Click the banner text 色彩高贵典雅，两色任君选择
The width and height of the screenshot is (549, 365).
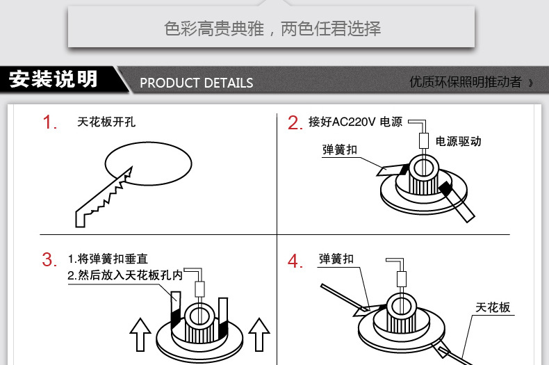coord(272,29)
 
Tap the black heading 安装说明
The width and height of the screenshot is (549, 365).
coord(54,79)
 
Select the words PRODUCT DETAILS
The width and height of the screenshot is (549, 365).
coord(196,83)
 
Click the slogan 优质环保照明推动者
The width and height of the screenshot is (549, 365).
coord(466,82)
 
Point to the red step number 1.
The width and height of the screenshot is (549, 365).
coord(50,123)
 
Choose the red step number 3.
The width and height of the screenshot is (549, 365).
coord(49,260)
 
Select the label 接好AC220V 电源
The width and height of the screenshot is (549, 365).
coord(355,122)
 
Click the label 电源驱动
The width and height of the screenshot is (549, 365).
coord(458,141)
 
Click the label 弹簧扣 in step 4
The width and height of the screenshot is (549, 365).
coord(336,259)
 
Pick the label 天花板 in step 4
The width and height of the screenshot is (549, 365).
coord(493,307)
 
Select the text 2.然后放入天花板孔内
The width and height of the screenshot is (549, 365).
coord(125,275)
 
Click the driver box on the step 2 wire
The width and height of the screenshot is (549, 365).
coord(423,140)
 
